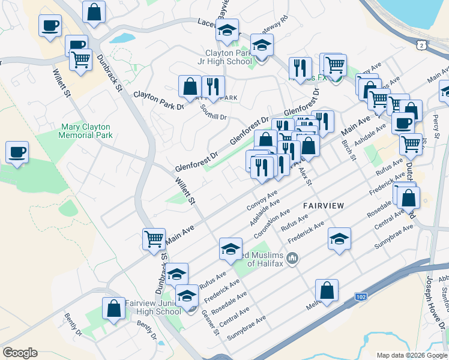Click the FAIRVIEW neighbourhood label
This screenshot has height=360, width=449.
click(x=324, y=205)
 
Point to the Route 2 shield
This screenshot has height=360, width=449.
click(x=424, y=46)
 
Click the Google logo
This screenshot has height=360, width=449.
click(x=20, y=353)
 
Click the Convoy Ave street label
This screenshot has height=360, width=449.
click(x=262, y=201)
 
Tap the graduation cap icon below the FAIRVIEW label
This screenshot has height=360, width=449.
click(x=339, y=239)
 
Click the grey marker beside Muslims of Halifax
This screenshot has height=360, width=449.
click(x=293, y=259)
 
